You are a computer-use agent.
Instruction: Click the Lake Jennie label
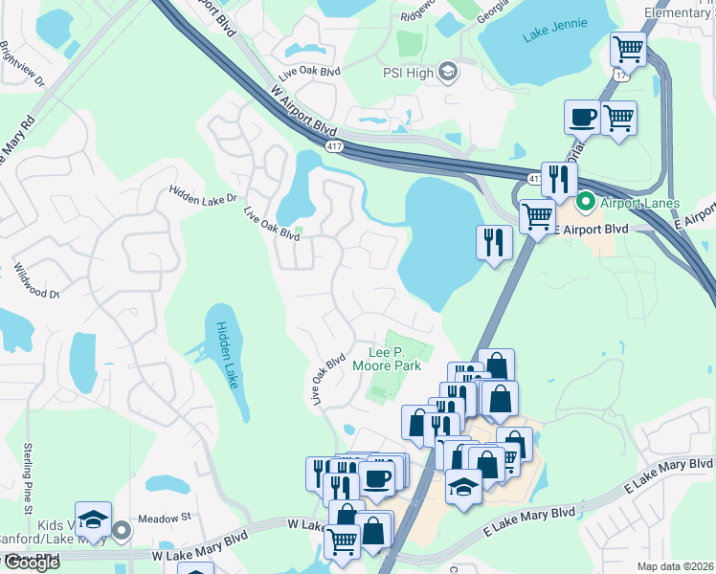click(551, 37)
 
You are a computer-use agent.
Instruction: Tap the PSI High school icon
click(447, 71)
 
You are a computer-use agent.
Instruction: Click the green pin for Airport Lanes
click(585, 204)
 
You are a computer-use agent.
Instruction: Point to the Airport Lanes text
click(639, 204)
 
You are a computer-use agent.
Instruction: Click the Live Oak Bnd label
click(308, 73)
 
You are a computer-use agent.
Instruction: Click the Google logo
click(32, 563)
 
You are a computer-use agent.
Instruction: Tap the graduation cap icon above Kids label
click(93, 519)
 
